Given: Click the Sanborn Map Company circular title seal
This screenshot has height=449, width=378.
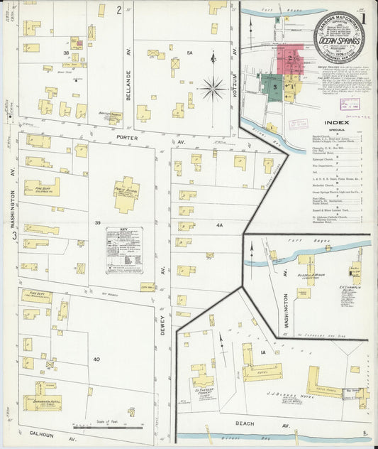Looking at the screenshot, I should pyautogui.click(x=338, y=36).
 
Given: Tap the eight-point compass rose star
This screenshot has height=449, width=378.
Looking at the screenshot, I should pyautogui.click(x=212, y=89).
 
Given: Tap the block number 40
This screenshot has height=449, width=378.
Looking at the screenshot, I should pyautogui.click(x=96, y=359).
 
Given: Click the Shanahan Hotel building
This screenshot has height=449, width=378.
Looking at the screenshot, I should pyautogui.click(x=43, y=401).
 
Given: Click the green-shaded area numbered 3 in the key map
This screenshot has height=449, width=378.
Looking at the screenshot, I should pyautogui.click(x=274, y=85).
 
